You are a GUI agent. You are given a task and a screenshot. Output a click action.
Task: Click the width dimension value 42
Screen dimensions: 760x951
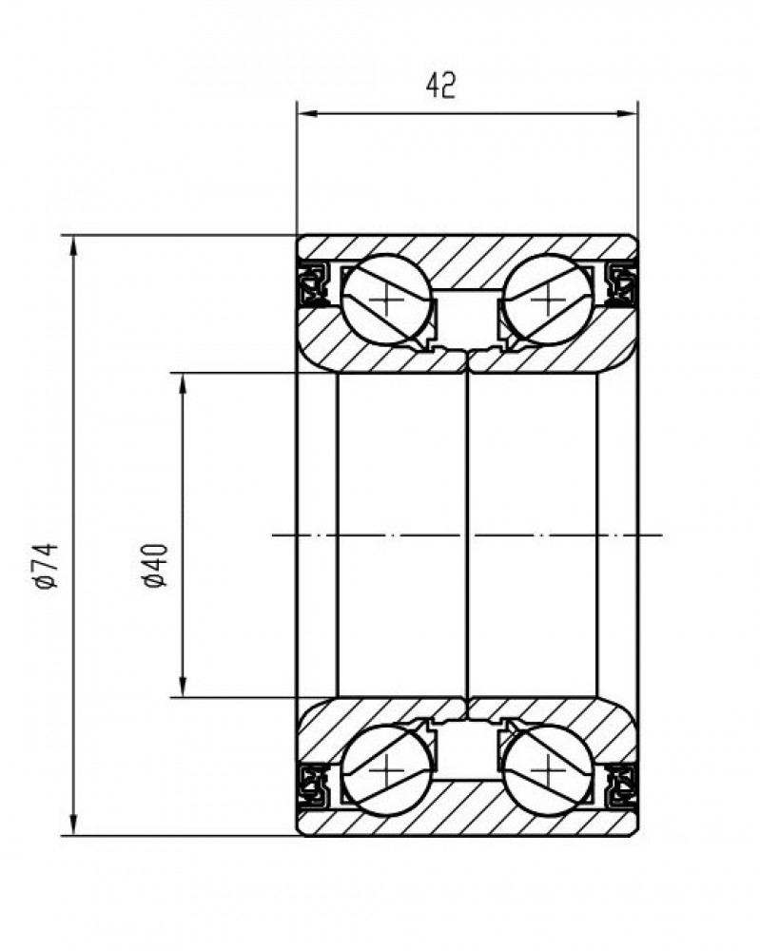pos(441,86)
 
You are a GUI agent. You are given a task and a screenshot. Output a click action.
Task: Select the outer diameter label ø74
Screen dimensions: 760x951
pos(47,566)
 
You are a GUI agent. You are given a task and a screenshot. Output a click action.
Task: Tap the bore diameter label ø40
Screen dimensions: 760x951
pos(155,565)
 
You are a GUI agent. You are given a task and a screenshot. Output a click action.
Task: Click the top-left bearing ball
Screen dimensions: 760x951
pos(386,300)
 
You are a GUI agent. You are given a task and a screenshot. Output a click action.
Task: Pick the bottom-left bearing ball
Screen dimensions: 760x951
pos(386,769)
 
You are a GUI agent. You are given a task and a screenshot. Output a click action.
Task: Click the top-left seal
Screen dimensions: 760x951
pos(314,282)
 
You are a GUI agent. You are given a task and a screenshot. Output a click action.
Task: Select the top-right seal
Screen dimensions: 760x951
pos(620,282)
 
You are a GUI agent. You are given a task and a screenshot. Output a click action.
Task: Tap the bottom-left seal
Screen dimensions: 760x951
pos(314,786)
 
